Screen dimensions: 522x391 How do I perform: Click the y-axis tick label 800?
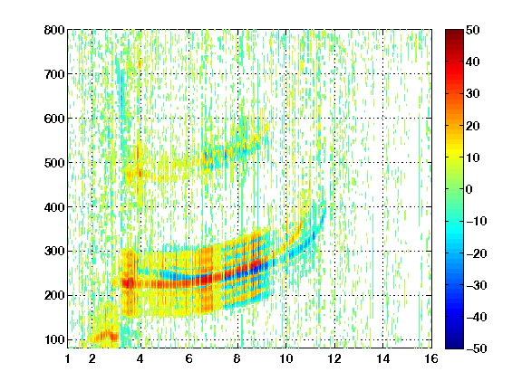click(54, 30)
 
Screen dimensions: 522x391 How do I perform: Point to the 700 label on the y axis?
click(54, 74)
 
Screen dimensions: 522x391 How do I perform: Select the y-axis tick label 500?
click(54, 163)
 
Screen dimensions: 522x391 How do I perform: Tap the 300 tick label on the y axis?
click(54, 252)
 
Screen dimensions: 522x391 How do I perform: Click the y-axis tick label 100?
click(54, 339)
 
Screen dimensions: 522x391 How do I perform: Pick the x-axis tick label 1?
click(68, 358)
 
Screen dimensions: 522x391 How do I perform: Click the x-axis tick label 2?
click(92, 358)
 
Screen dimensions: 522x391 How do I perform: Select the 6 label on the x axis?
click(189, 358)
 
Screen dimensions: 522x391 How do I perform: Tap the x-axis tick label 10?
click(286, 358)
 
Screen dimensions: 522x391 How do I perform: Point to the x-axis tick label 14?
click(383, 358)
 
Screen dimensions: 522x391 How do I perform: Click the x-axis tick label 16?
click(431, 358)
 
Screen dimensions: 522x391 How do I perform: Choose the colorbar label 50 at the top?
click(473, 30)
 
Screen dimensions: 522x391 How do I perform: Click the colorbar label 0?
click(469, 189)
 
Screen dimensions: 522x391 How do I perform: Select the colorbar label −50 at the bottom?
click(477, 348)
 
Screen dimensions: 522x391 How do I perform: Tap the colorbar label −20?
click(477, 253)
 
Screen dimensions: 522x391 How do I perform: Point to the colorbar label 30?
click(473, 94)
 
